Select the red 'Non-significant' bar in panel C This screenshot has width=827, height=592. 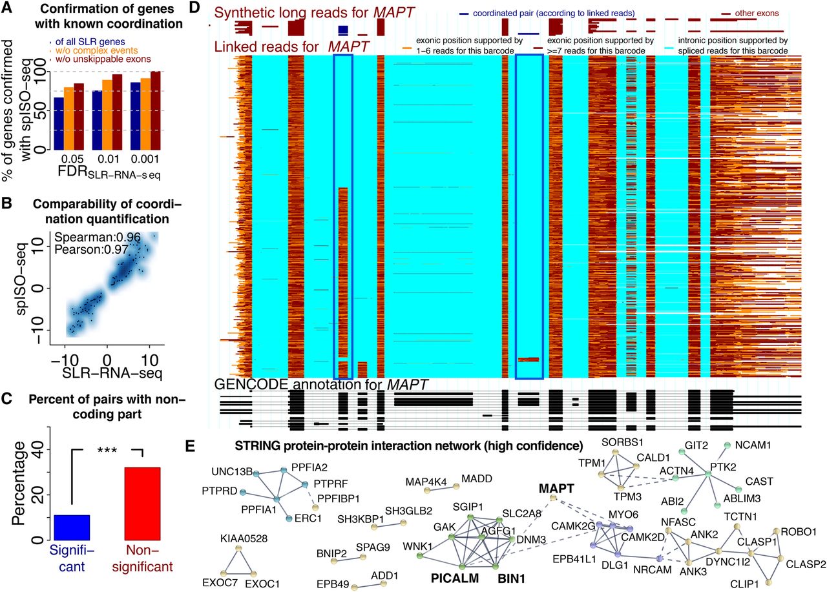point(143,503)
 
